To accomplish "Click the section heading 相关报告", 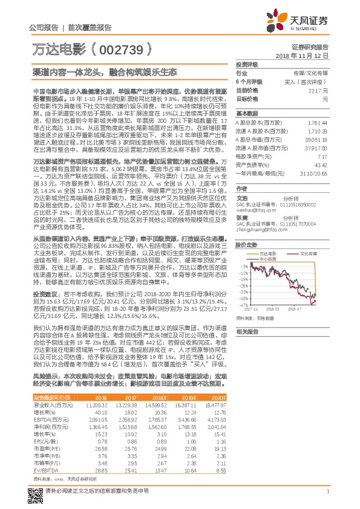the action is [x=246, y=331].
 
